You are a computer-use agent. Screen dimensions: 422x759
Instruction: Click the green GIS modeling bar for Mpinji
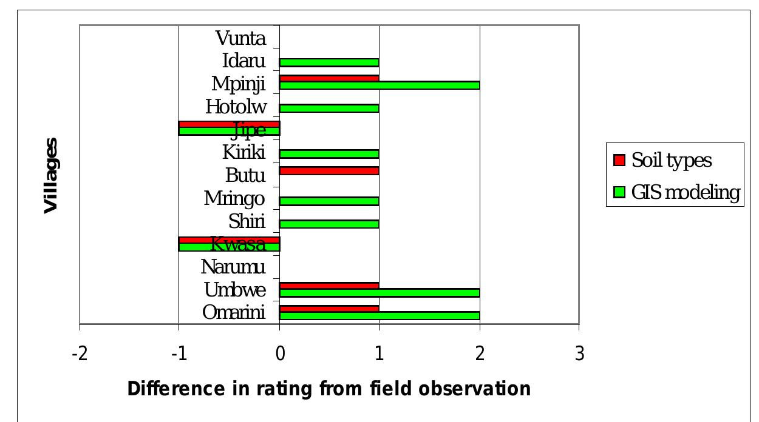[x=379, y=85]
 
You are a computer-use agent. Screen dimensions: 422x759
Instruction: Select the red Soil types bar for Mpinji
[x=329, y=78]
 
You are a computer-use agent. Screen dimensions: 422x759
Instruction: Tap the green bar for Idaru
[x=329, y=62]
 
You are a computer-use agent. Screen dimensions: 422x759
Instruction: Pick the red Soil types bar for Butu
[x=329, y=171]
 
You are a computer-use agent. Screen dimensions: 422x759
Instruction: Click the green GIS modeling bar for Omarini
[x=379, y=316]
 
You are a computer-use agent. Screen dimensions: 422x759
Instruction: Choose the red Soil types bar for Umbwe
[x=329, y=286]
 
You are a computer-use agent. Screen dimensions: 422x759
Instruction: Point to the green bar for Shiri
[x=329, y=224]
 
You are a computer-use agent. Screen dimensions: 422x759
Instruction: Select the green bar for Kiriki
[x=329, y=154]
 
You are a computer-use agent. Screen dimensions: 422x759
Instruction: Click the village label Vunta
[x=240, y=39]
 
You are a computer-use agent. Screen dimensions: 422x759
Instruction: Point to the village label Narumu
[x=233, y=267]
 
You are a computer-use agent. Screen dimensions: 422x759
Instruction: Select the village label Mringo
[x=234, y=198]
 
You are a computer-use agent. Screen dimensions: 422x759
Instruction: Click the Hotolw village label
[x=236, y=107]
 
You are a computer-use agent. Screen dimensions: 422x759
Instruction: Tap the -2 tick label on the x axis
[x=79, y=353]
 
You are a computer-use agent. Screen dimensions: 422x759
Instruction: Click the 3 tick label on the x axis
[x=579, y=353]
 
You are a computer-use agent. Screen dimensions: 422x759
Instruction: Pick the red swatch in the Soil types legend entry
[x=619, y=161]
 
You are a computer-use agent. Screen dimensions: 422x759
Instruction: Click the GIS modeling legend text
[x=686, y=193]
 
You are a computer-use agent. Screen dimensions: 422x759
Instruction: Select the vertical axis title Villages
[x=52, y=175]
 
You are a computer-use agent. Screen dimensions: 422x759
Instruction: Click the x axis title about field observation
[x=328, y=388]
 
